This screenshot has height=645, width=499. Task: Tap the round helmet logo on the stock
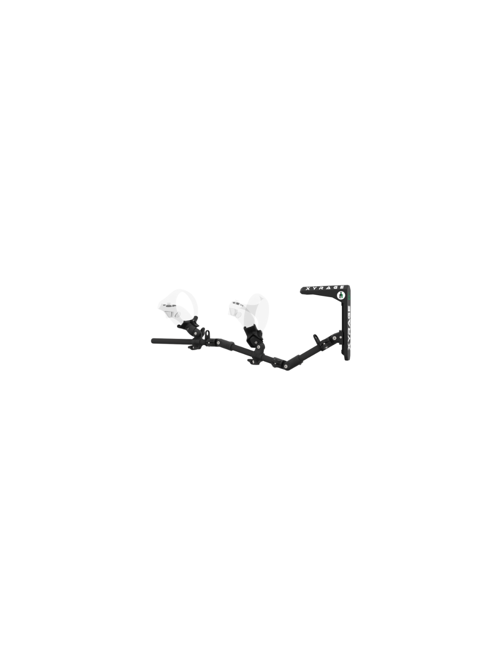(341, 295)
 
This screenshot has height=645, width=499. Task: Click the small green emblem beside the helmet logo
(349, 296)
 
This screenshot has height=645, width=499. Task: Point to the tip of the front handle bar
(152, 341)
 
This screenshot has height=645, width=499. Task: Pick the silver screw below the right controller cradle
(259, 347)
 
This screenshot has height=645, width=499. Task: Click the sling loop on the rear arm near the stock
(317, 339)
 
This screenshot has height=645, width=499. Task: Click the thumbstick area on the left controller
(168, 305)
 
